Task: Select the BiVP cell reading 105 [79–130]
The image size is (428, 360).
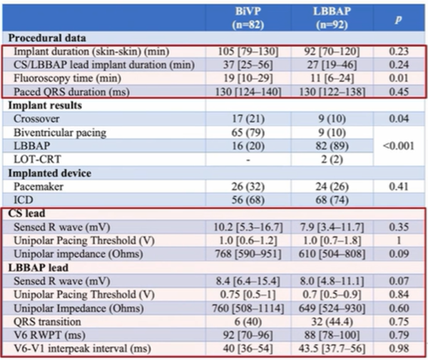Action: (240, 51)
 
